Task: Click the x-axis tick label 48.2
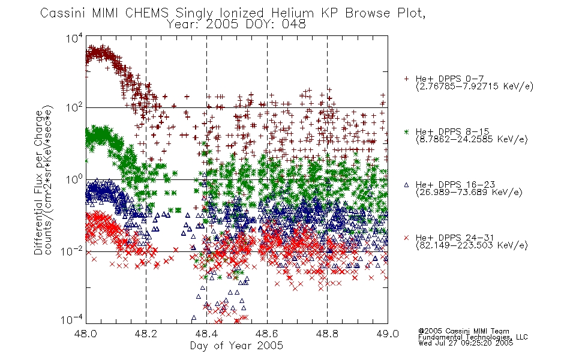tap(146, 334)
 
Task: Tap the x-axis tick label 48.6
tap(267, 334)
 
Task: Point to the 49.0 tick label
tap(388, 334)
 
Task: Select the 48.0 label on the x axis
tap(86, 334)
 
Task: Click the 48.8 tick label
tap(327, 334)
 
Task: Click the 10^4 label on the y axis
tap(74, 38)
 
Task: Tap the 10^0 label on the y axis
tap(74, 179)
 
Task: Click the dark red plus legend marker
tap(406, 79)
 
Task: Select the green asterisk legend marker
tap(406, 131)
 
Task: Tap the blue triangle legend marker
tap(406, 185)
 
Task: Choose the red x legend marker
tap(406, 238)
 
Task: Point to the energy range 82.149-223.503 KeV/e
tap(472, 245)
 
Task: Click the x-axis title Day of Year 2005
tap(236, 346)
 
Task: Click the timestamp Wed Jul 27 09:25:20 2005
tap(466, 343)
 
